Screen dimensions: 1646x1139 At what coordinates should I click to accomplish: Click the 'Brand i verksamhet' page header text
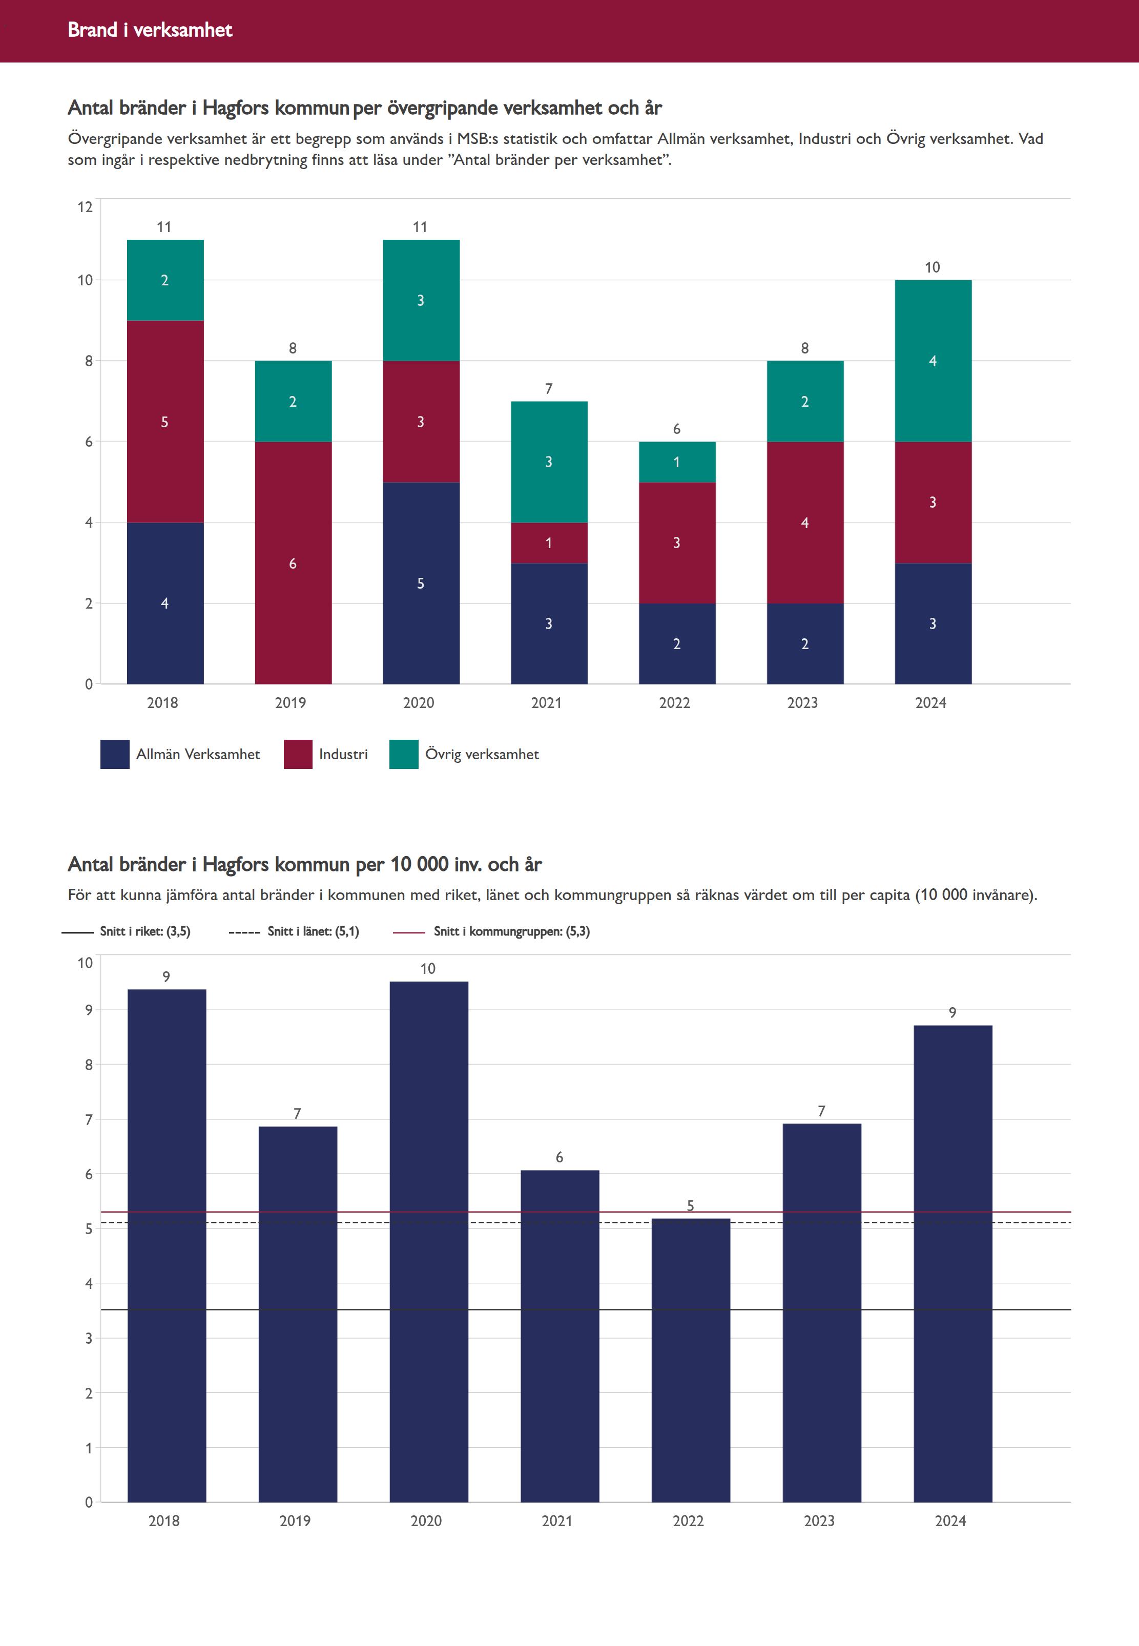(x=150, y=30)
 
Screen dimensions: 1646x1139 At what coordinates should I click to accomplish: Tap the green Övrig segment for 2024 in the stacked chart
(x=933, y=361)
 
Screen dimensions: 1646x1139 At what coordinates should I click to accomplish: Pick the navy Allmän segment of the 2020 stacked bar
(x=421, y=583)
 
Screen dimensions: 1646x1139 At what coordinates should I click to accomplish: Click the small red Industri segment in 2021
(x=549, y=543)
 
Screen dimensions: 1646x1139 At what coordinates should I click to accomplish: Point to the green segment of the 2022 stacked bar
(x=676, y=462)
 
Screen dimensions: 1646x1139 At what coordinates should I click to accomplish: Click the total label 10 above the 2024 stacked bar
(x=932, y=267)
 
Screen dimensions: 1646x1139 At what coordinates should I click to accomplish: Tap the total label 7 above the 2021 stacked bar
(x=549, y=389)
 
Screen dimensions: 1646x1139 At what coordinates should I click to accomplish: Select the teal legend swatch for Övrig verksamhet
(x=403, y=754)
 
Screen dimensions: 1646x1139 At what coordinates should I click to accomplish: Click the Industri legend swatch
(x=298, y=754)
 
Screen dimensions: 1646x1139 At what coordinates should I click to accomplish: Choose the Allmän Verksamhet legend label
(x=198, y=754)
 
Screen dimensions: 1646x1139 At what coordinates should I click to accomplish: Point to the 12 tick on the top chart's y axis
(x=85, y=207)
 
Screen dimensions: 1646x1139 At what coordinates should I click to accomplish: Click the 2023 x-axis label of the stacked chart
(x=802, y=703)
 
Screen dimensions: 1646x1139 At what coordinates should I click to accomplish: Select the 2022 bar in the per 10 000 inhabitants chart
(x=690, y=1359)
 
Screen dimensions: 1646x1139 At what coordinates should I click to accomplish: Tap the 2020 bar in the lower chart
(x=428, y=1241)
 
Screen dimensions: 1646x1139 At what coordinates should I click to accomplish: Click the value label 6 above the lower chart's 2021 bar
(x=560, y=1157)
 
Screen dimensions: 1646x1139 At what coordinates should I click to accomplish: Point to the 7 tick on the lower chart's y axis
(x=89, y=1119)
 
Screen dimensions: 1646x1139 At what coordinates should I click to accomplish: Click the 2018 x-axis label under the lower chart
(x=163, y=1520)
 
